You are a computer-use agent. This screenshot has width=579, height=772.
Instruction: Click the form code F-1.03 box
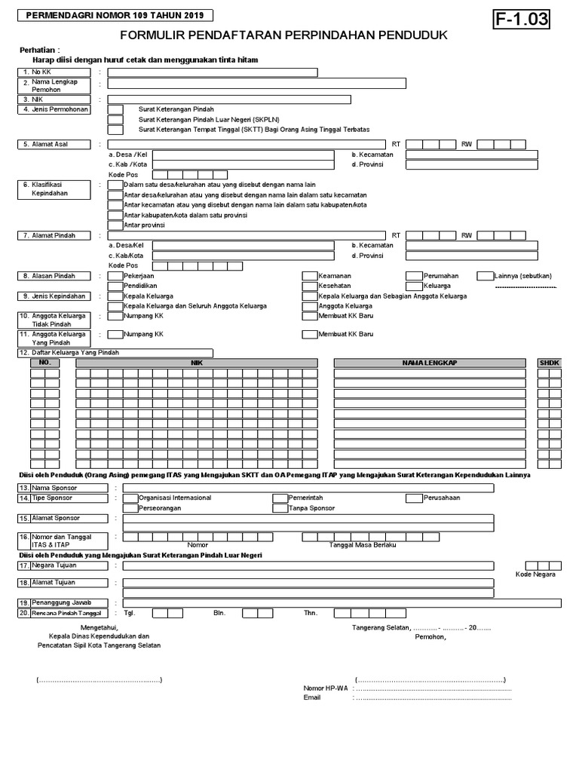pyautogui.click(x=521, y=20)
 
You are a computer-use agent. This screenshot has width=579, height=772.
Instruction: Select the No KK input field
pyautogui.click(x=212, y=72)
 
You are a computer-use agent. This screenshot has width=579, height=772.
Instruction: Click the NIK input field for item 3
pyautogui.click(x=229, y=100)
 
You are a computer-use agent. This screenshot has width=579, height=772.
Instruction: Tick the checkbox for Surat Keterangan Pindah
pyautogui.click(x=115, y=110)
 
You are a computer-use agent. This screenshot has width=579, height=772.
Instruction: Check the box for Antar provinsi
pyautogui.click(x=115, y=225)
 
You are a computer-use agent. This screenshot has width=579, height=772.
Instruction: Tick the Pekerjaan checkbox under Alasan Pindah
pyautogui.click(x=115, y=276)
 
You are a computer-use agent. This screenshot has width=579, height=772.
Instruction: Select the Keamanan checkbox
pyautogui.click(x=309, y=276)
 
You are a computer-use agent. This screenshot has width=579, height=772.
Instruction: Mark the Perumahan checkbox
pyautogui.click(x=414, y=276)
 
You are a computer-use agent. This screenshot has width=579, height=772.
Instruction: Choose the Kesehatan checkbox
pyautogui.click(x=309, y=286)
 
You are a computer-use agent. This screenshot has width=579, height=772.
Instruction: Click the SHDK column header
pyautogui.click(x=549, y=363)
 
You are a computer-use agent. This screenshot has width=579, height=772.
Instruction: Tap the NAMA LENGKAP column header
pyautogui.click(x=430, y=363)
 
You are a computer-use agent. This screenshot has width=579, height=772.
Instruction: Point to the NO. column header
pyautogui.click(x=44, y=363)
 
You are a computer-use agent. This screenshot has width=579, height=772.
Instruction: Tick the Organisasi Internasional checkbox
pyautogui.click(x=130, y=498)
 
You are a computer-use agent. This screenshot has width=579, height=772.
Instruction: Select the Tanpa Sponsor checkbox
pyautogui.click(x=280, y=508)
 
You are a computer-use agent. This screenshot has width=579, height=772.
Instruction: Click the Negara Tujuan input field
pyautogui.click(x=308, y=566)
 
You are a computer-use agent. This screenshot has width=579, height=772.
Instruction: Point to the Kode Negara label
pyautogui.click(x=535, y=574)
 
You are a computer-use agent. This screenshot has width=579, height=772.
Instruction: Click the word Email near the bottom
pyautogui.click(x=312, y=697)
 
